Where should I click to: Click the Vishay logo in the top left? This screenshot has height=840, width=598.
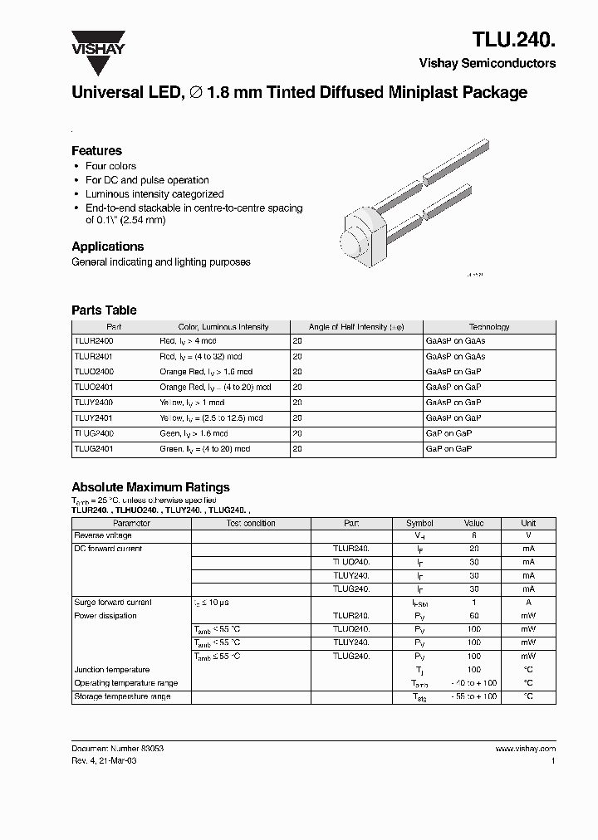97,42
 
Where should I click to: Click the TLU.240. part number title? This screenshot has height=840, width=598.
514,38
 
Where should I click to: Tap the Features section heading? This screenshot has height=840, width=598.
96,151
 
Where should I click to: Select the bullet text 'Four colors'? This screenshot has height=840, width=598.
110,166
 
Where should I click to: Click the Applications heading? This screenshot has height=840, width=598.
107,247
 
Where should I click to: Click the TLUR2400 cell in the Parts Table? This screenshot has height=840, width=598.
94,341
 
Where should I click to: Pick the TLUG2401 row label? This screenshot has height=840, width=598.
94,448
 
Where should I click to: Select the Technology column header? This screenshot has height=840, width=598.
488,327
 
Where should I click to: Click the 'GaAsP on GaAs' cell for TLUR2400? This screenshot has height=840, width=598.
455,341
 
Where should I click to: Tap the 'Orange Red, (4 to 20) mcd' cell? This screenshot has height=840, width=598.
215,387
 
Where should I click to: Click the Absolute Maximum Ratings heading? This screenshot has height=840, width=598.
150,487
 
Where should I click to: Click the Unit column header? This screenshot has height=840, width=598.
528,524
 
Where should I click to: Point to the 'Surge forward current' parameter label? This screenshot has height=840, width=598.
113,603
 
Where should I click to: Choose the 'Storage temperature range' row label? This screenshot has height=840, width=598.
122,696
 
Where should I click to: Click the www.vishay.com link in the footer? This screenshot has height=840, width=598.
525,748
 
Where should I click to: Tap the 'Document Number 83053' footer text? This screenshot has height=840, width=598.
117,748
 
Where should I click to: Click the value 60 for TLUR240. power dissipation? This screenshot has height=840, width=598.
473,616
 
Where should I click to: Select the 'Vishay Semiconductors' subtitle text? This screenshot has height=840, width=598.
488,63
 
